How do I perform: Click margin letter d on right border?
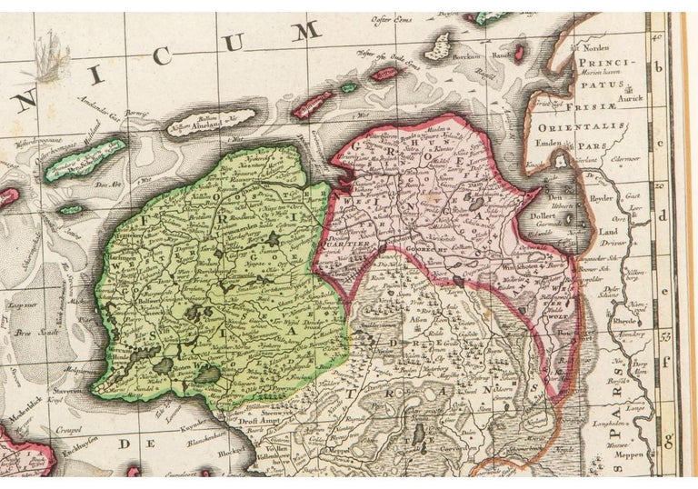pyautogui.click(x=674, y=215)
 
